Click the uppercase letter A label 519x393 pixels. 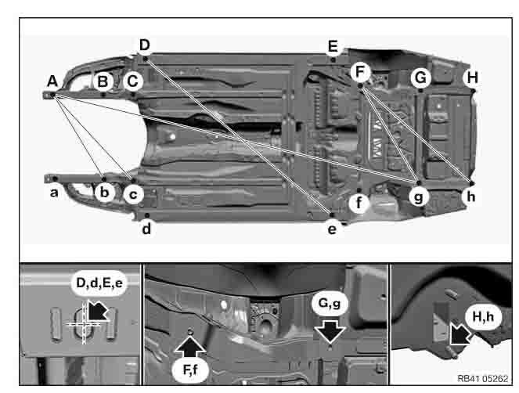pyautogui.click(x=52, y=80)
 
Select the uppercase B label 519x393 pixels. pyautogui.click(x=103, y=79)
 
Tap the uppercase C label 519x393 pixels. pyautogui.click(x=132, y=79)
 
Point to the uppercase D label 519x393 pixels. pyautogui.click(x=144, y=45)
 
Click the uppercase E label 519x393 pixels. pyautogui.click(x=333, y=45)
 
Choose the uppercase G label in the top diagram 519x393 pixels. pyautogui.click(x=421, y=78)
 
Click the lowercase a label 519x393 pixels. pyautogui.click(x=54, y=193)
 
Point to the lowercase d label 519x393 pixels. pyautogui.click(x=146, y=229)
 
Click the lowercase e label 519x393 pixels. pyautogui.click(x=332, y=229)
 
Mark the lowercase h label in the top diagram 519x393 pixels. pyautogui.click(x=470, y=196)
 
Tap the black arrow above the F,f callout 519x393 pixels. pyautogui.click(x=190, y=340)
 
